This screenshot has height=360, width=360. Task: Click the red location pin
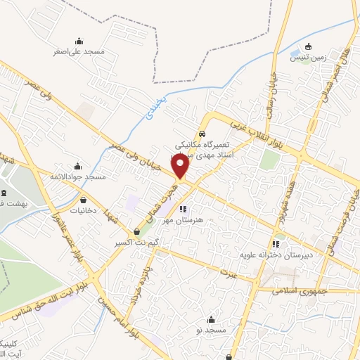(x=181, y=166)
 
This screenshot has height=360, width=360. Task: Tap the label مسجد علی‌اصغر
(x=78, y=51)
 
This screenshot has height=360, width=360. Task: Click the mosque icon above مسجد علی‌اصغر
(x=77, y=41)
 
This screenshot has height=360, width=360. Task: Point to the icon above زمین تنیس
(x=308, y=46)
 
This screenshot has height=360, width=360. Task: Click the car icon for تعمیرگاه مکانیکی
(x=202, y=133)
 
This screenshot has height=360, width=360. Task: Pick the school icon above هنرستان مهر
(x=183, y=209)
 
